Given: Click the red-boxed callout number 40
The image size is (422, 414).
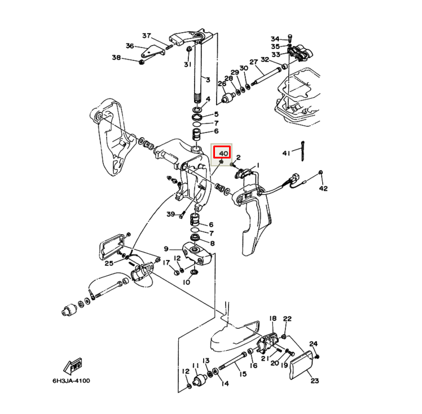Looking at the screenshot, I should [x=223, y=153].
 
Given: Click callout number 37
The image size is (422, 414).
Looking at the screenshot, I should [x=147, y=36].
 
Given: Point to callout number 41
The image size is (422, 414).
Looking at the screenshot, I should [x=287, y=153].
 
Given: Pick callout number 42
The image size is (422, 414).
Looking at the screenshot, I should [x=323, y=188].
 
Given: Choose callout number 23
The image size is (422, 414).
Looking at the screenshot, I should [x=314, y=381].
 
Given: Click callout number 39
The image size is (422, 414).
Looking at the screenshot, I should [x=170, y=214].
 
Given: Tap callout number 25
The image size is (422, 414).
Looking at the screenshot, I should [x=109, y=263].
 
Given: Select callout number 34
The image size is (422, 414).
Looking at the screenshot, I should [x=275, y=38].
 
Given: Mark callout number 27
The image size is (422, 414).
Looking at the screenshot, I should [x=254, y=62].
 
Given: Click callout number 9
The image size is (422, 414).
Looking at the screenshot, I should [x=166, y=249].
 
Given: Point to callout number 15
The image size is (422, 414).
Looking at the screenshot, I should [x=243, y=373].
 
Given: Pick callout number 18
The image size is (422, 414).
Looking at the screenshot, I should [x=272, y=319].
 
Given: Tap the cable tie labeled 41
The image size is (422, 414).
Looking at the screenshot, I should [x=303, y=150].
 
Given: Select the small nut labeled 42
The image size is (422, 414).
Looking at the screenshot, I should [x=321, y=172].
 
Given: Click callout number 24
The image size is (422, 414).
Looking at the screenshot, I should [x=314, y=343].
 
